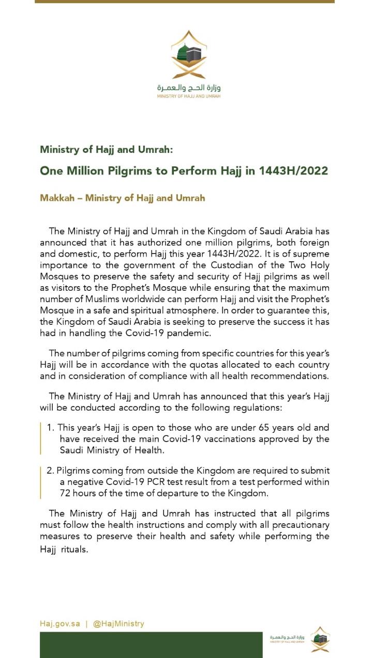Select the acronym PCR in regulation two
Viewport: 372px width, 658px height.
point(171,482)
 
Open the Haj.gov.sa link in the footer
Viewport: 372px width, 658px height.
point(60,623)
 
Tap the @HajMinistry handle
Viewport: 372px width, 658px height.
point(118,623)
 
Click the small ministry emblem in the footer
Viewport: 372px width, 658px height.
point(320,639)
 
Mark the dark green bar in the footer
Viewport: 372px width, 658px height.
point(151,645)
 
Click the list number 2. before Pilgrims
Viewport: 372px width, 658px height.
point(50,471)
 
